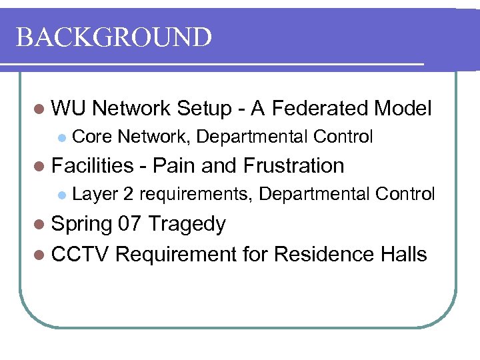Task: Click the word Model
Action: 403,108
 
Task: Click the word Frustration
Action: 294,165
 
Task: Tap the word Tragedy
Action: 187,225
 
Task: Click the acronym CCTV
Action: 81,254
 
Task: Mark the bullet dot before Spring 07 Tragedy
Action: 39,225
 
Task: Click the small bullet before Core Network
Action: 61,138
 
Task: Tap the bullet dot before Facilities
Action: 39,166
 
